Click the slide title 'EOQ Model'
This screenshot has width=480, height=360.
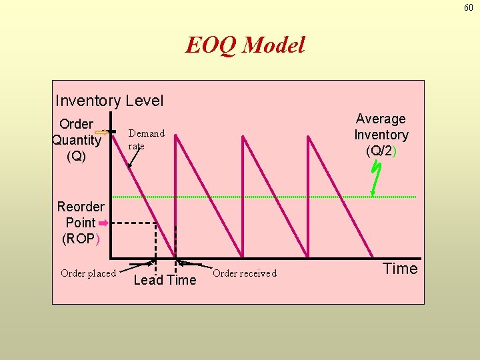(x=245, y=45)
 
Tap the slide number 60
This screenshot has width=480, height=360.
(x=468, y=7)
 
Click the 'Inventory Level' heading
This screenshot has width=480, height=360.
(x=109, y=101)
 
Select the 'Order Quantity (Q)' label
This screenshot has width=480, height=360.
(x=76, y=140)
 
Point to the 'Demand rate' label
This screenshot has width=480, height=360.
(x=146, y=139)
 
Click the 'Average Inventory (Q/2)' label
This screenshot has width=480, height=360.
(x=381, y=135)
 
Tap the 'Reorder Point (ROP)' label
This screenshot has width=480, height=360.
(x=81, y=222)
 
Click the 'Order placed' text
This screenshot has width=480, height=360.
(x=88, y=273)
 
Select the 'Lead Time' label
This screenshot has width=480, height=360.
(x=165, y=280)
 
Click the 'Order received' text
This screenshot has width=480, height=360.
(x=244, y=273)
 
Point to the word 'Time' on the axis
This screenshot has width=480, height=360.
(x=400, y=269)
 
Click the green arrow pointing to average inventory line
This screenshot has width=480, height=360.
(x=375, y=178)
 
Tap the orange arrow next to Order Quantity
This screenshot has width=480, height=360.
(x=101, y=133)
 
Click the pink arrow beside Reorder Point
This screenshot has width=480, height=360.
(x=103, y=223)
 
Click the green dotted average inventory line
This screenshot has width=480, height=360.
(x=267, y=197)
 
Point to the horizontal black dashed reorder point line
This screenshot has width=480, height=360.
(x=133, y=223)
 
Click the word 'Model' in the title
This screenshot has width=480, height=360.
(x=273, y=45)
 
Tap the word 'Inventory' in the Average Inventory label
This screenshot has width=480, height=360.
(x=381, y=135)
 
